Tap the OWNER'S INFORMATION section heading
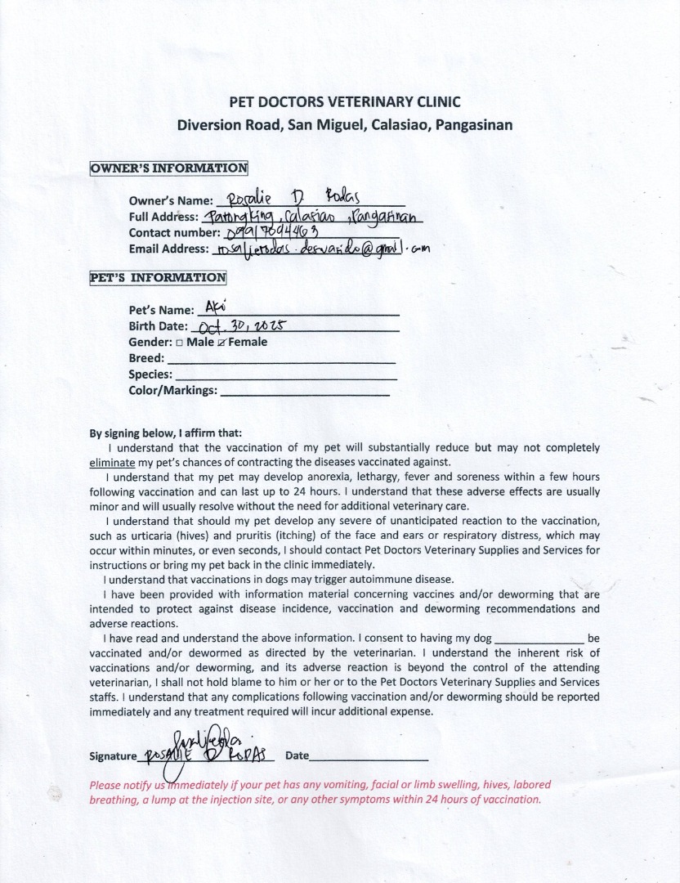[x=168, y=168]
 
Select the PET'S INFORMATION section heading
[x=158, y=277]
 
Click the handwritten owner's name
[x=291, y=199]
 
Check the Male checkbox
[x=179, y=343]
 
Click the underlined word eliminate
[x=111, y=462]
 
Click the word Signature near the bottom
[x=112, y=757]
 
